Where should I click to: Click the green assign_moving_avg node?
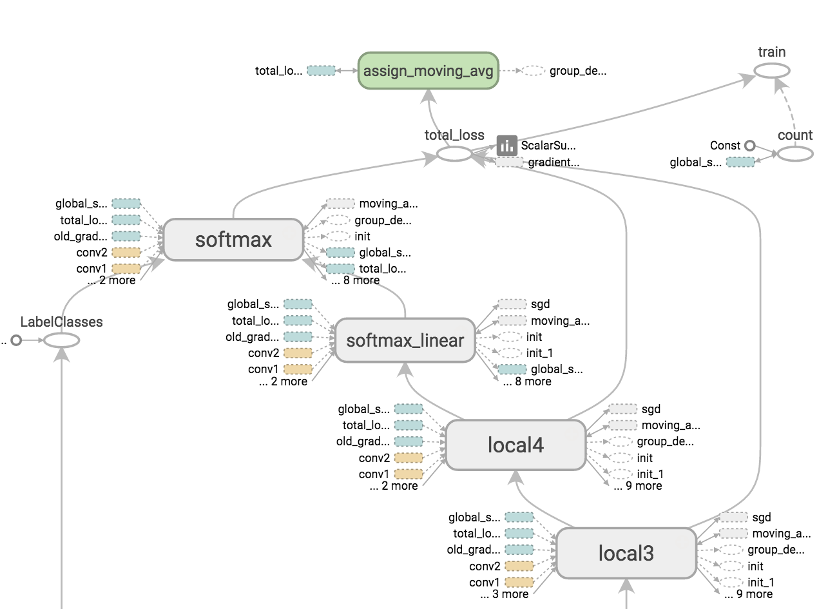pos(428,70)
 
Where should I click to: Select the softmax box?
pos(233,240)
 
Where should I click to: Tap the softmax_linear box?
pos(405,340)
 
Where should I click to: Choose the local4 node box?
pos(515,445)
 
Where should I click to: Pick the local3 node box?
pos(626,553)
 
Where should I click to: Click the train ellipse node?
pos(772,70)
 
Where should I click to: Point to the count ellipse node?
pos(794,154)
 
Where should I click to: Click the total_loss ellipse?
pos(454,154)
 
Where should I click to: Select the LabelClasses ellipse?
pos(61,340)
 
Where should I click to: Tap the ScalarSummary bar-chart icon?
pos(507,146)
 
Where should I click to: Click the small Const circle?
pos(749,146)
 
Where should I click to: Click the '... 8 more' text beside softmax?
pos(355,280)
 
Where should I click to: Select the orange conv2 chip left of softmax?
pos(126,252)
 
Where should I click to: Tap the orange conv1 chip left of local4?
pos(408,474)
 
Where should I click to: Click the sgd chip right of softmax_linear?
pos(512,304)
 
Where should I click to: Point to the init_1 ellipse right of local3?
pos(732,582)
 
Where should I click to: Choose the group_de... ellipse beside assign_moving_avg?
pos(532,70)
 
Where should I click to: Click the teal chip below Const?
pos(740,162)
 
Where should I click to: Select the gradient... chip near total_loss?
pos(509,162)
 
